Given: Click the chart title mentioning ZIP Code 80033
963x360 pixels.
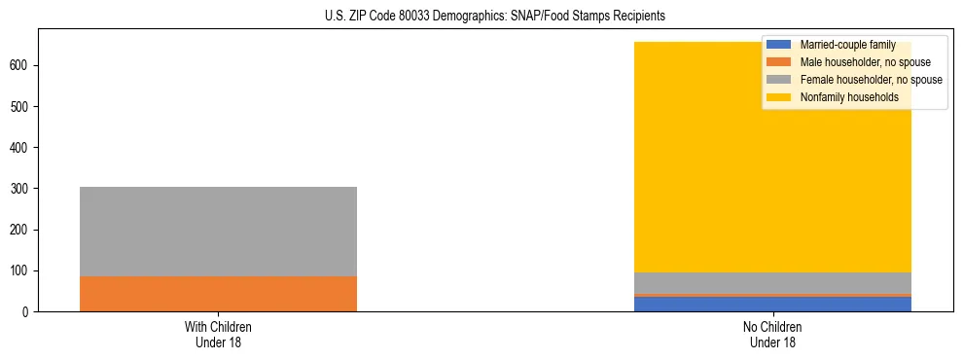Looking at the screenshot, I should [481, 17].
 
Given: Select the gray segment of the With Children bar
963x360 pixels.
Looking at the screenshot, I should [218, 232].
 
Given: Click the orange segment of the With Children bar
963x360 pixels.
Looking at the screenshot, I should [218, 294].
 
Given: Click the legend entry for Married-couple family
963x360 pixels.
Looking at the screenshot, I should [846, 45].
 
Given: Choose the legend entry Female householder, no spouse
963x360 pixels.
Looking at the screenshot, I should [870, 80].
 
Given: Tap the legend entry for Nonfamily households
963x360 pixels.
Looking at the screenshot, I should [848, 97].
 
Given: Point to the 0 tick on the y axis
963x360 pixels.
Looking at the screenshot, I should [29, 311].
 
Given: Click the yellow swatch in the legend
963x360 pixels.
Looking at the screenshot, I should [779, 97].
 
